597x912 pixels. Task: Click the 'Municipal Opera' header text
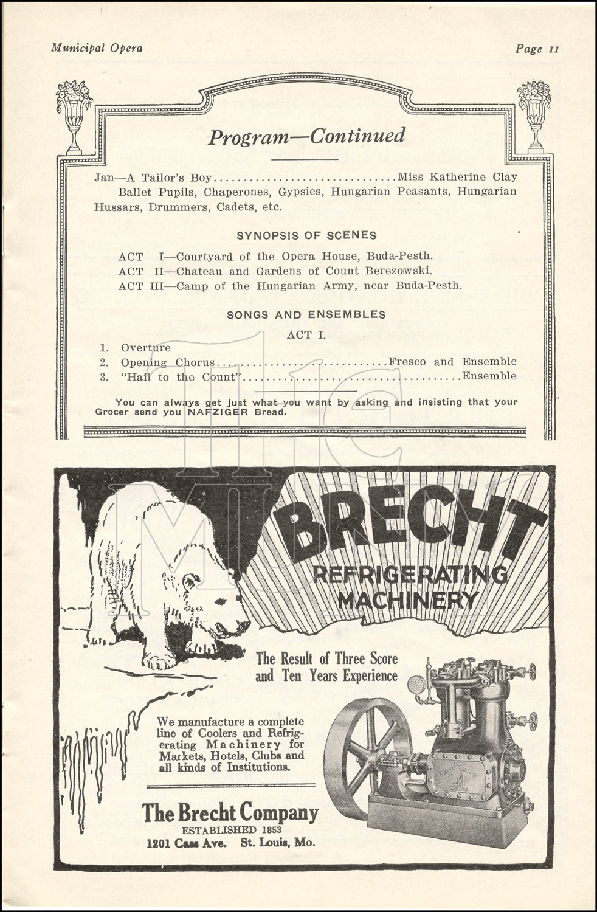[x=97, y=47]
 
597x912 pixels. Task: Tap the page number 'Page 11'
[x=536, y=49]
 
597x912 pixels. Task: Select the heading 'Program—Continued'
[x=306, y=137]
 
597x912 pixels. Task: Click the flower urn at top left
[x=74, y=116]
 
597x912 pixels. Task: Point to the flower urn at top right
[x=534, y=116]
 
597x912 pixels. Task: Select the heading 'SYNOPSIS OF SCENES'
[x=306, y=235]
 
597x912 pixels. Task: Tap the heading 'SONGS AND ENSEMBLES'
[x=306, y=314]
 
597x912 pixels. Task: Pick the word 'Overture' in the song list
[x=146, y=347]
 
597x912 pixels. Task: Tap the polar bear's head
[x=225, y=614]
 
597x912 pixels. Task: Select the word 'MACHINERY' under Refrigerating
[x=408, y=601]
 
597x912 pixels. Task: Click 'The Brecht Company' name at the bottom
[x=230, y=812]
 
